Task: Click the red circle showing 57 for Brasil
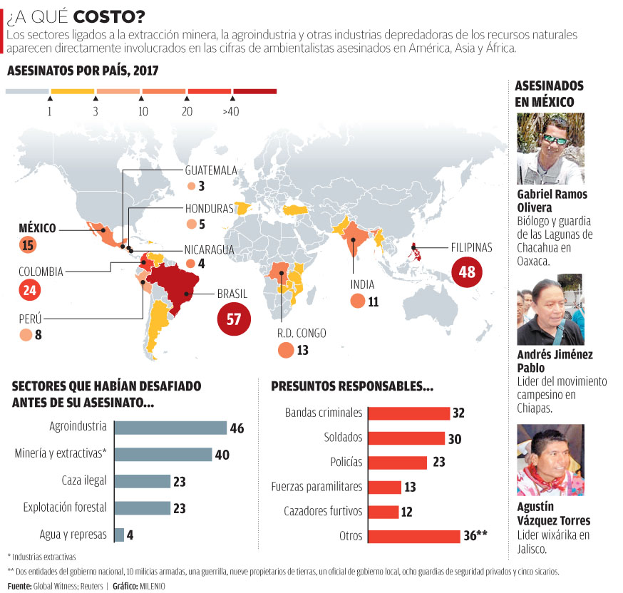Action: point(234,319)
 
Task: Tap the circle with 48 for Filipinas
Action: point(467,272)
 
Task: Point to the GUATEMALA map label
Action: point(211,170)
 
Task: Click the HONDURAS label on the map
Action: point(209,209)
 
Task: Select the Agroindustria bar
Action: point(170,428)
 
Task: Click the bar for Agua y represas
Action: point(119,534)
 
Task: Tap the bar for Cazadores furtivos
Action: point(383,512)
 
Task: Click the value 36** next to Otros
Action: point(475,536)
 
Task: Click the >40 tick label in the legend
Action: point(230,112)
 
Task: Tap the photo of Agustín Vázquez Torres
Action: point(550,460)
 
